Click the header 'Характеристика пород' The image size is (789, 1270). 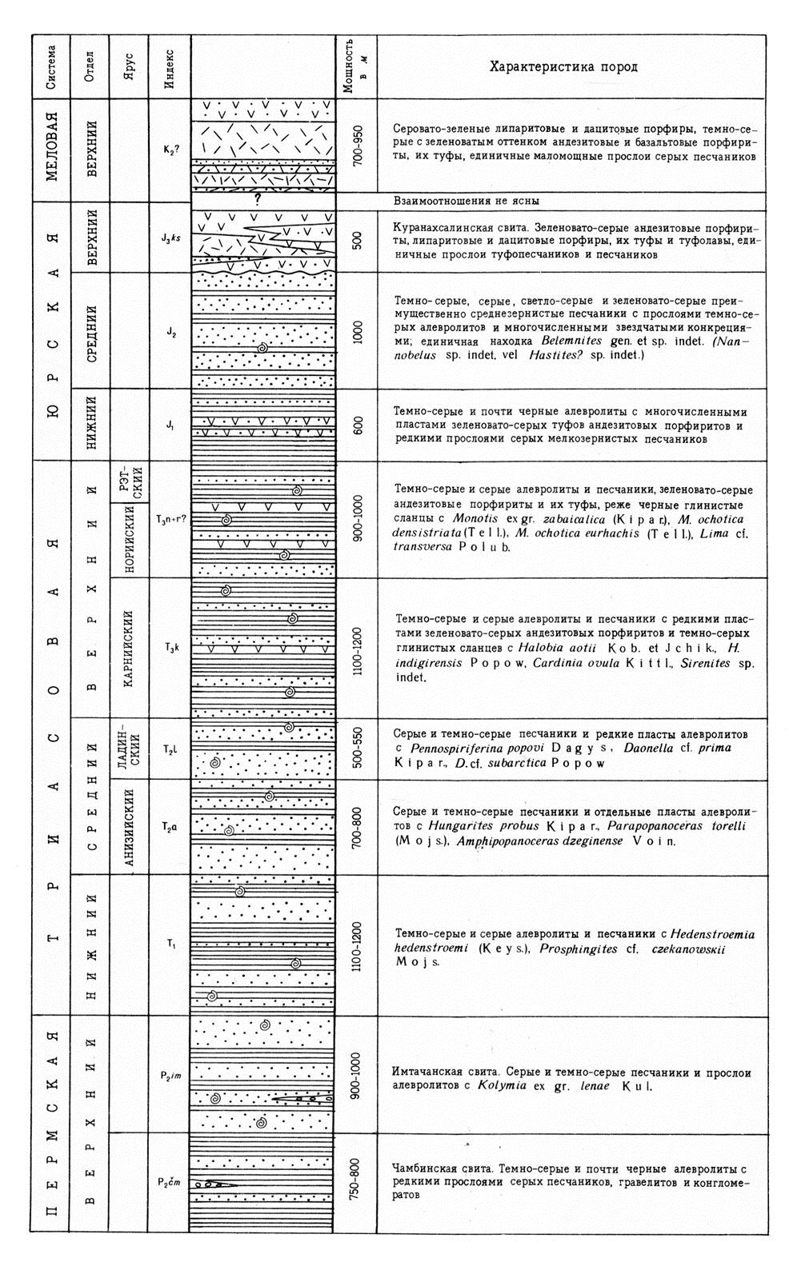(563, 66)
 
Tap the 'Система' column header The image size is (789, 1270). (50, 66)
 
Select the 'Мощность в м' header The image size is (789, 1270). (355, 67)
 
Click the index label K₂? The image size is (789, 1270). (170, 146)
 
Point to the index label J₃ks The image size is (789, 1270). (170, 238)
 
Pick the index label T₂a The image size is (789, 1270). (170, 827)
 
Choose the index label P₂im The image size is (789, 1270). (170, 1075)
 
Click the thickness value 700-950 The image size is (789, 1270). (357, 146)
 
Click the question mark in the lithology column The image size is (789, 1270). (258, 202)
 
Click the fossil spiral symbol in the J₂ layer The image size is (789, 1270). (262, 348)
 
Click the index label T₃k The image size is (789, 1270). (170, 648)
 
